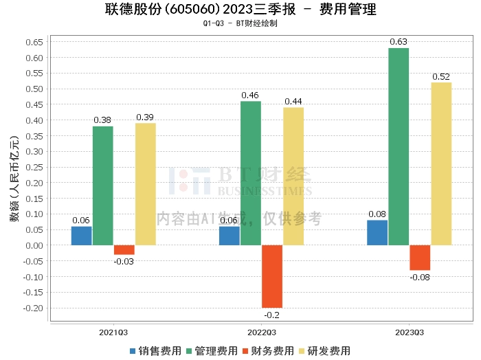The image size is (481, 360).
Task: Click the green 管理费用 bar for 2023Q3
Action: click(399, 146)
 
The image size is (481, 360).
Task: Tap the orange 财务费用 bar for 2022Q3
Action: click(272, 276)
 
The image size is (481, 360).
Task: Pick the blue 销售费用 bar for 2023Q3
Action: click(377, 232)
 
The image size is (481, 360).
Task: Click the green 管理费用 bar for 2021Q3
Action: click(103, 185)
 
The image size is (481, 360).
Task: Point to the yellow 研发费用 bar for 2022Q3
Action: click(293, 176)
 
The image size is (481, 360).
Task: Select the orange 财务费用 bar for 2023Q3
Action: click(420, 258)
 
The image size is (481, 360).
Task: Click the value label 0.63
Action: click(399, 42)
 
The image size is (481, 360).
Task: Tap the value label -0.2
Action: click(272, 315)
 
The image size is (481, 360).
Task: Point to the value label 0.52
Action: click(441, 76)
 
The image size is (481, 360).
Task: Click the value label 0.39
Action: click(145, 117)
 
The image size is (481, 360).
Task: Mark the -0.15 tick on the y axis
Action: click(33, 293)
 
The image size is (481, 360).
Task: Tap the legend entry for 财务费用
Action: click(268, 350)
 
